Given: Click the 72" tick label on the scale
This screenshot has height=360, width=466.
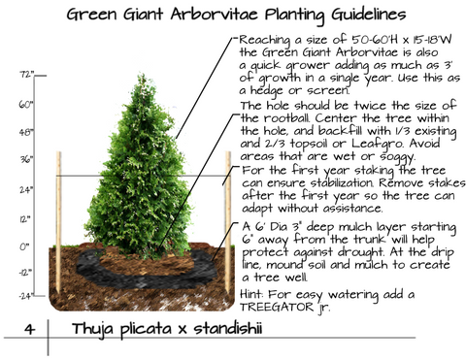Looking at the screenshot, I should point(26,74).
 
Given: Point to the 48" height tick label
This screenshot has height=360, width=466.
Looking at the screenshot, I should point(26,129).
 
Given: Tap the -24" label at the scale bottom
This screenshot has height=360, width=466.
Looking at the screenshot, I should point(25,294).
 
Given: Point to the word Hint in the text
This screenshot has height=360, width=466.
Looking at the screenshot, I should point(253,293).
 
